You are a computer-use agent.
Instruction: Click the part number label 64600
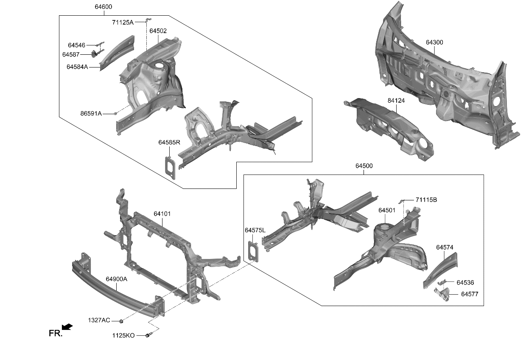click(104, 7)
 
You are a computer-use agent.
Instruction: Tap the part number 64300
click(434, 42)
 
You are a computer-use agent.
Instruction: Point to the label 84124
click(396, 101)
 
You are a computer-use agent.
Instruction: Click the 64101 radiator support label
click(162, 214)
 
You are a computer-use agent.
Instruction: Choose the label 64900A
click(116, 279)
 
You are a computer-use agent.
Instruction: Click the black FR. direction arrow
click(67, 327)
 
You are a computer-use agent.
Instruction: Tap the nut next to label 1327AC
click(121, 320)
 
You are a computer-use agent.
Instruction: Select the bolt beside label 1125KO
click(147, 335)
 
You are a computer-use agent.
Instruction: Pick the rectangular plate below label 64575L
click(254, 250)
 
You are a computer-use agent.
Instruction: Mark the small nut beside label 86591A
click(115, 113)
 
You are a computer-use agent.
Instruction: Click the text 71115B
click(426, 200)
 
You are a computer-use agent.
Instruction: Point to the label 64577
click(470, 294)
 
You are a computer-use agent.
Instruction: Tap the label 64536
click(465, 282)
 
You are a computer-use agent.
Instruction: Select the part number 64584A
click(77, 67)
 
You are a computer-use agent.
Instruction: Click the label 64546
click(77, 45)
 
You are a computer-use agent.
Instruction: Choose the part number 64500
click(364, 166)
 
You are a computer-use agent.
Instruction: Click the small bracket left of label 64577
click(441, 294)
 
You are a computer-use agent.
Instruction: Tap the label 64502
click(158, 31)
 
